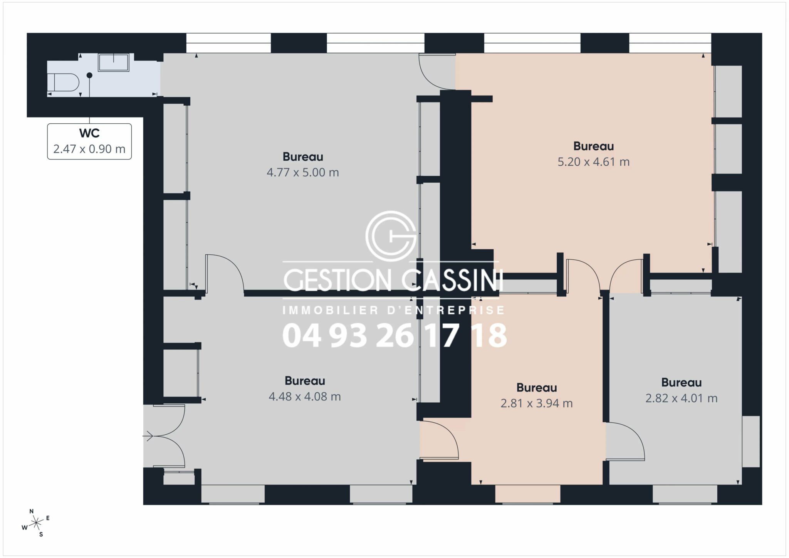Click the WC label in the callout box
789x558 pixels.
[x=89, y=133]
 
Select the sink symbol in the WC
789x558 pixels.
[x=113, y=62]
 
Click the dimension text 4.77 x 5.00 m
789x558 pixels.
[x=303, y=172]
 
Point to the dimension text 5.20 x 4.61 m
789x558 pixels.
[x=594, y=161]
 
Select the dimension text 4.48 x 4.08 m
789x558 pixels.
[x=305, y=397]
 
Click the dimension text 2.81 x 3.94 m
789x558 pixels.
[x=537, y=403]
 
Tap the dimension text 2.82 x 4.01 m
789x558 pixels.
[x=682, y=398]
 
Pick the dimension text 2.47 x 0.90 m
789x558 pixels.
[x=89, y=149]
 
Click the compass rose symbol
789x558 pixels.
[x=36, y=523]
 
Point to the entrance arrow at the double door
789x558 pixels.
[x=148, y=436]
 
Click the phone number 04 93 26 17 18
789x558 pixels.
[x=394, y=335]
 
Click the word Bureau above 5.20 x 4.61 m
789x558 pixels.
[x=594, y=146]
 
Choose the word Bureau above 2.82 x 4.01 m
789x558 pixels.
[x=682, y=383]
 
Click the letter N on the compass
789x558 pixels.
[x=32, y=511]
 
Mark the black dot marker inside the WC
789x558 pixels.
[x=89, y=76]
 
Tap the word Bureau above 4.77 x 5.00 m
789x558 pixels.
[x=303, y=157]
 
